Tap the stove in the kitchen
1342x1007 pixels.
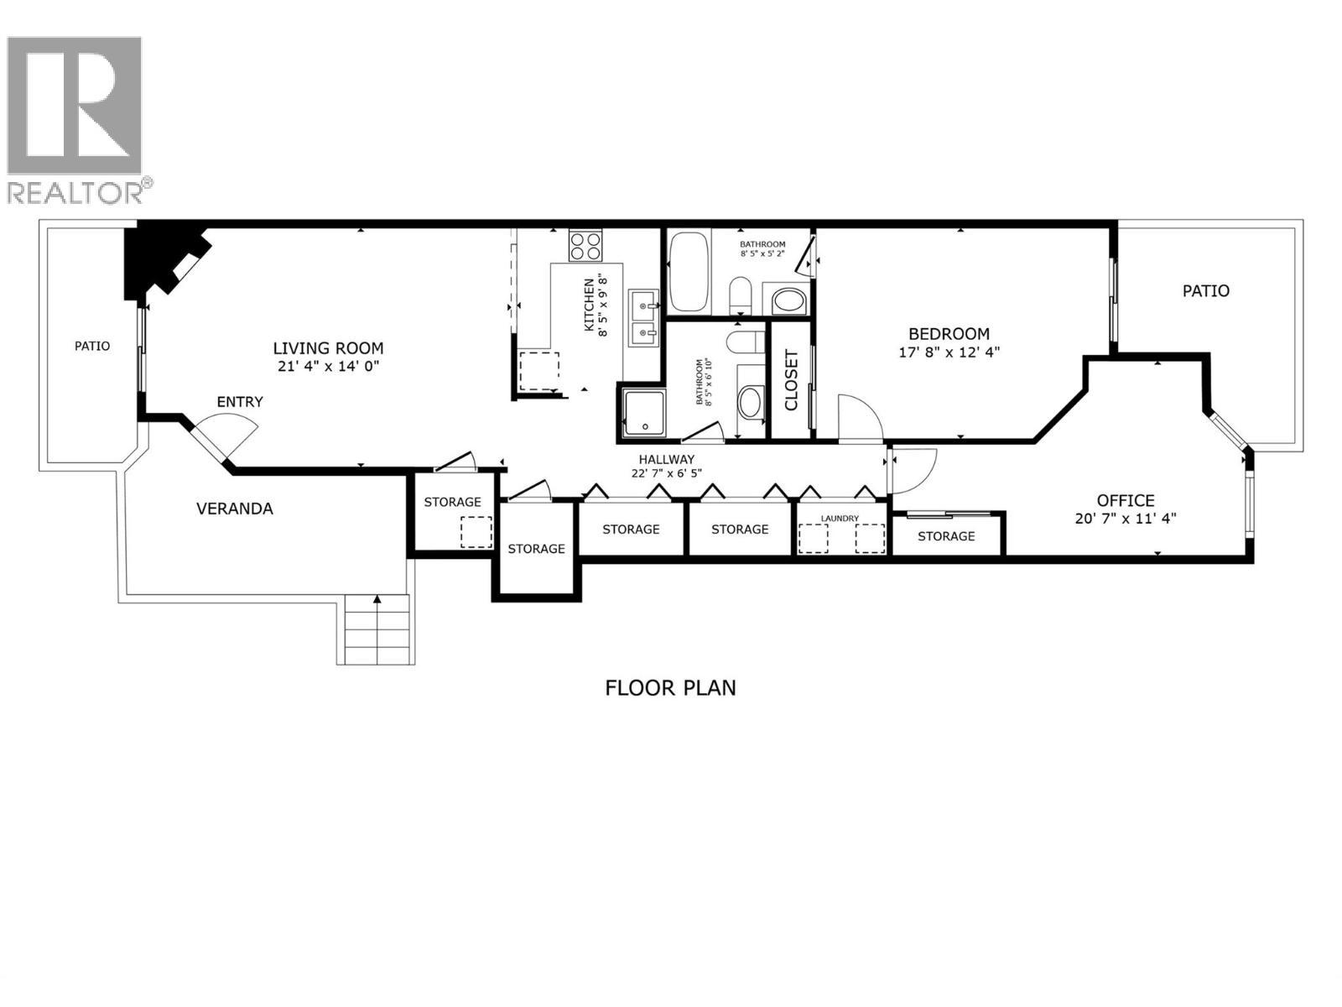(585, 246)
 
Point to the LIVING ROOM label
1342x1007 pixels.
(328, 348)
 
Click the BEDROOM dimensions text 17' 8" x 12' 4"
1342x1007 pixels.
(949, 352)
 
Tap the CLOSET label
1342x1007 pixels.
(791, 379)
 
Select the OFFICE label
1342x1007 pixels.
(1126, 501)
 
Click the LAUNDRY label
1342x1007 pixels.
(840, 519)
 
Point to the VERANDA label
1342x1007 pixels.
(235, 509)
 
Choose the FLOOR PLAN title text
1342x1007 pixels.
(670, 688)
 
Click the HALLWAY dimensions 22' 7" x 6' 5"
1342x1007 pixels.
(666, 472)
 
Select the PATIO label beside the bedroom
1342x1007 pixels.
(1205, 291)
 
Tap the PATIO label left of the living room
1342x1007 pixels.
(92, 346)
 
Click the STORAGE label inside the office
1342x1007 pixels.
(946, 536)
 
